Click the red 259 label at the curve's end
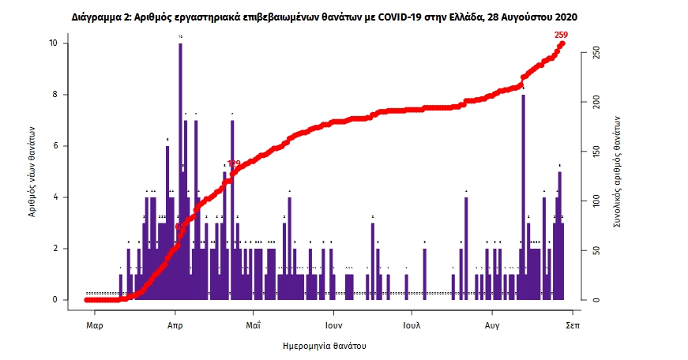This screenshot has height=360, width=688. (x=561, y=34)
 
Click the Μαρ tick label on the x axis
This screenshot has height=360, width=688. (x=95, y=324)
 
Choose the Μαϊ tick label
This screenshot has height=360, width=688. (x=253, y=324)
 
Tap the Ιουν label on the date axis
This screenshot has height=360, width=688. (x=332, y=324)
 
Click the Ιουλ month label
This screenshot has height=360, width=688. (x=411, y=324)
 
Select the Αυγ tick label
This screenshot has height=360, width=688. (x=492, y=324)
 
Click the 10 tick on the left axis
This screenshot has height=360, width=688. (x=52, y=43)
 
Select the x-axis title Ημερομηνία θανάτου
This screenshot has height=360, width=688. (x=324, y=346)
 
